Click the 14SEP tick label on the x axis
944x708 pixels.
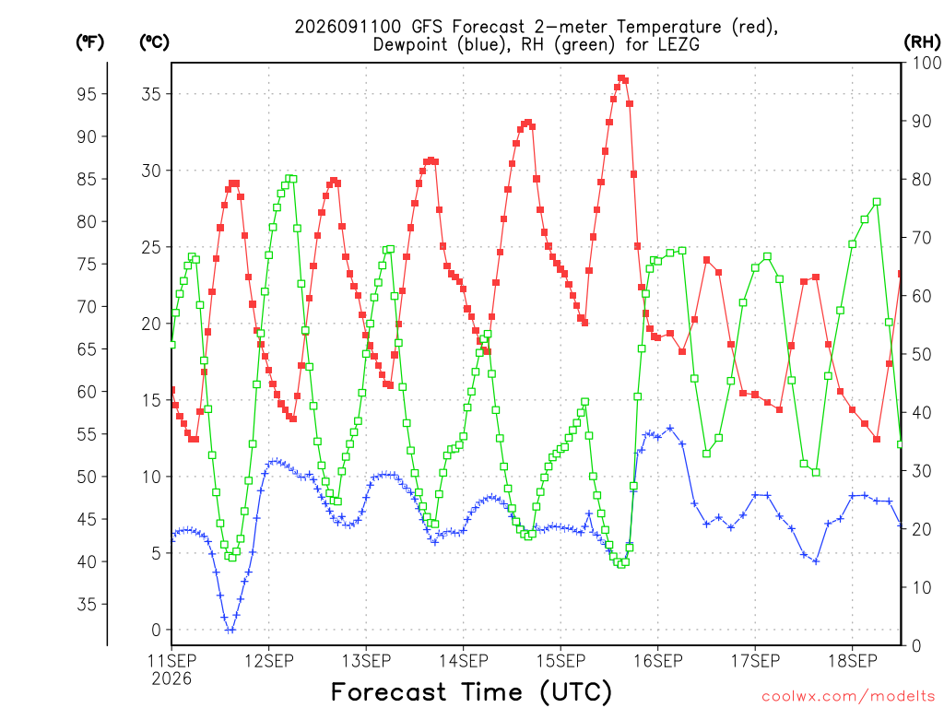[464, 661]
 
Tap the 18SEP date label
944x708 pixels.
[853, 661]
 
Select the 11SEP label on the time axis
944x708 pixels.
[171, 661]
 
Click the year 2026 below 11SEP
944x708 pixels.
[171, 679]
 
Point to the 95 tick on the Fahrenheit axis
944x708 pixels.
[87, 94]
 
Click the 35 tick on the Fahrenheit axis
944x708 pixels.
[87, 605]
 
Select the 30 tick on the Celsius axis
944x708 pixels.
[151, 171]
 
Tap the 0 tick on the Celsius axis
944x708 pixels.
[157, 630]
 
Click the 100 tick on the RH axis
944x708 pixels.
[927, 63]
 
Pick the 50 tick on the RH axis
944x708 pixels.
[922, 354]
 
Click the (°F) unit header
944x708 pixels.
[89, 42]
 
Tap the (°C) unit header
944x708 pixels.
[154, 42]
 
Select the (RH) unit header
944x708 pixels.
[922, 42]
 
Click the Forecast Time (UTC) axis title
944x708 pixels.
[471, 691]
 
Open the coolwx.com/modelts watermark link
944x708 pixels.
[848, 697]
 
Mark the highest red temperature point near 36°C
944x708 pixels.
[620, 78]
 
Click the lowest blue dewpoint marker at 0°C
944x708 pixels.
[230, 630]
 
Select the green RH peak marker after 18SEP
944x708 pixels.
[878, 202]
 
